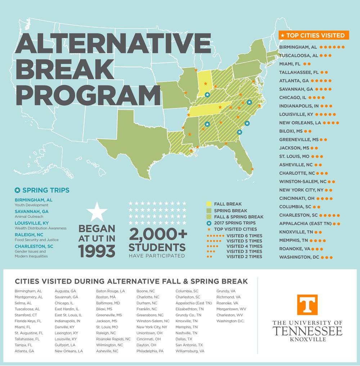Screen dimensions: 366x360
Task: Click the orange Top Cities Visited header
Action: tap(314, 35)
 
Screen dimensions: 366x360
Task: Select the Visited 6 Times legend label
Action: tap(244, 236)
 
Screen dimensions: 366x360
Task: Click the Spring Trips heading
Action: tap(46, 190)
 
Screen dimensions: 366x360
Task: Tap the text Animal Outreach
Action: tap(29, 217)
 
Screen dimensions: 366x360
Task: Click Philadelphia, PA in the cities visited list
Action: tap(150, 351)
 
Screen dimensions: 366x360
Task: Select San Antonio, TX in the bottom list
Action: tap(189, 345)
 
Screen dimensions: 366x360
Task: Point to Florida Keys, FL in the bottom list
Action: tap(28, 321)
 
